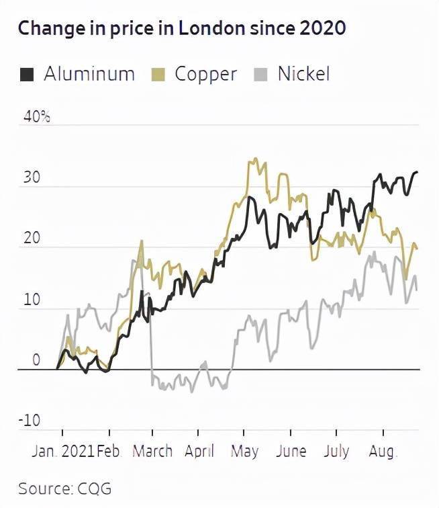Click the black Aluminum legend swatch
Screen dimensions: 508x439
[x=26, y=74]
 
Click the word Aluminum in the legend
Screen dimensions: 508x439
[x=89, y=74]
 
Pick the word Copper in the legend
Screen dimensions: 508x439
[x=206, y=74]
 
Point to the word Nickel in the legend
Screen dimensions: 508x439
[x=303, y=74]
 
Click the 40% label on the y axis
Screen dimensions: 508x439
[x=37, y=116]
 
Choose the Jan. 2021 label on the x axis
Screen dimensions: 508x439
[x=62, y=451]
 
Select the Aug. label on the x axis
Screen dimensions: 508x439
[x=383, y=451]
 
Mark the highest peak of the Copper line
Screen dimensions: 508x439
[x=253, y=160]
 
